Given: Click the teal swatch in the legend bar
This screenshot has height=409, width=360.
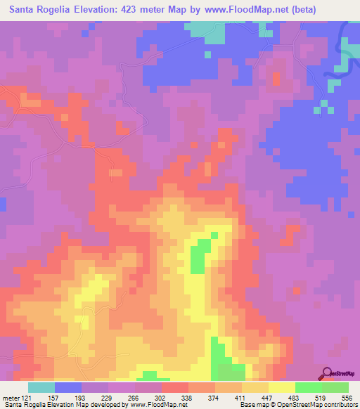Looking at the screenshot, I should [41, 387].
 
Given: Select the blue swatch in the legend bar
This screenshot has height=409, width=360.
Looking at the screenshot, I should [67, 387].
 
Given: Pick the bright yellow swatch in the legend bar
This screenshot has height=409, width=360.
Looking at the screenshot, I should [281, 387].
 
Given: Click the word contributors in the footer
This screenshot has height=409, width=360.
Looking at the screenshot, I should [339, 405].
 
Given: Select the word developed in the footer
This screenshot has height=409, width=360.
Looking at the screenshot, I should [103, 405].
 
